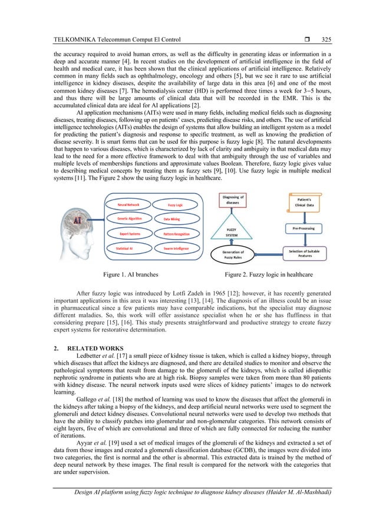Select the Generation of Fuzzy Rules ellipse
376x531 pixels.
(x=236, y=255)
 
